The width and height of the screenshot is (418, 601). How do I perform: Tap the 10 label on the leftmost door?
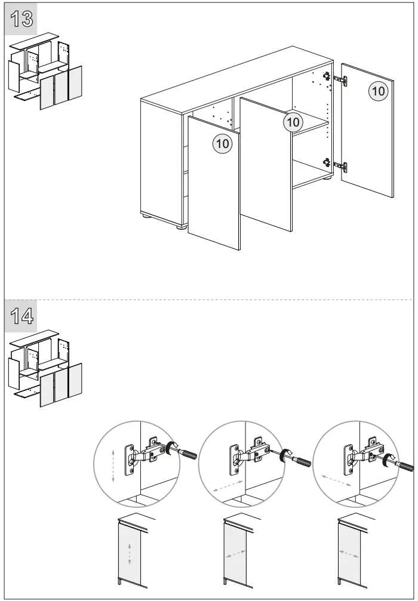(222, 144)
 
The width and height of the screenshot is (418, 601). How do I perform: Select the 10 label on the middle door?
(293, 122)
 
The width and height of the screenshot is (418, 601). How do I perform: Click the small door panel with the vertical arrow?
(130, 553)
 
